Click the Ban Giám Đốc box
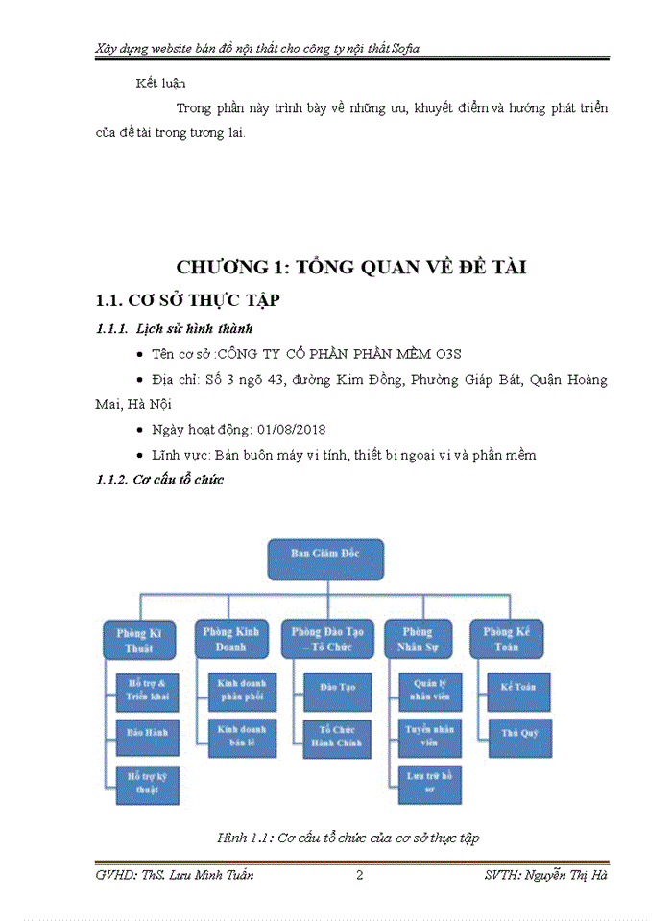tap(324, 558)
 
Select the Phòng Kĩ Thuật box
tap(141, 640)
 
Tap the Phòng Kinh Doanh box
tap(230, 639)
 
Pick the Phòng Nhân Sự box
tap(418, 639)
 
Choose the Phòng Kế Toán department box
tap(507, 639)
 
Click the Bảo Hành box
tap(147, 732)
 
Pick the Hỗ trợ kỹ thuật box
tap(147, 783)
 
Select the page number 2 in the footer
tap(360, 875)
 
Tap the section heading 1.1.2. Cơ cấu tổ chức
tap(160, 480)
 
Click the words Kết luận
tap(161, 83)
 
